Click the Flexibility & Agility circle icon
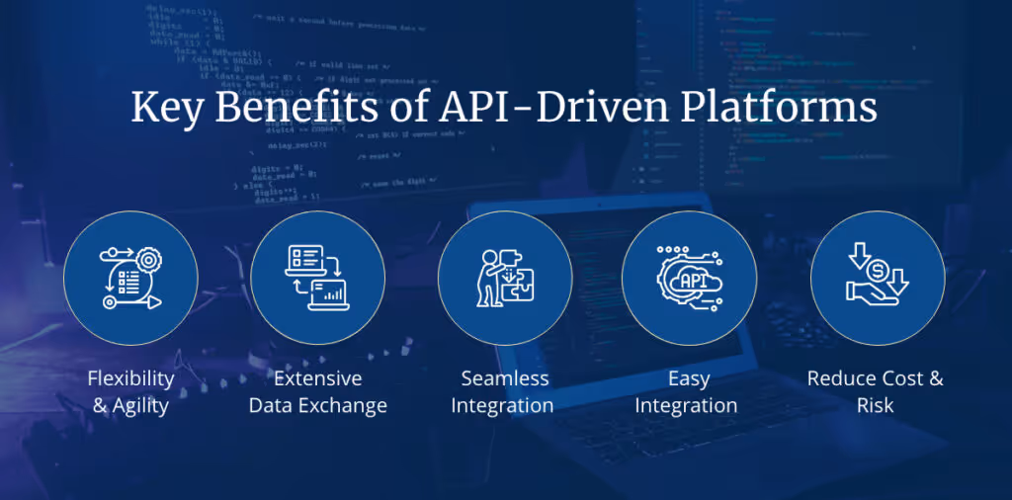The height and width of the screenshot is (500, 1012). pos(130,278)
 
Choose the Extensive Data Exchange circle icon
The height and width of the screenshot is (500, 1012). pos(317,278)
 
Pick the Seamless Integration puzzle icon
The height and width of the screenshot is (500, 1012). pos(504,278)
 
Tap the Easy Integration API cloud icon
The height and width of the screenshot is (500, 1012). pos(689,278)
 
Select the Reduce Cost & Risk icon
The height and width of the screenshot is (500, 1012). pos(877,278)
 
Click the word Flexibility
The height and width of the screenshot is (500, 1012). pos(130,378)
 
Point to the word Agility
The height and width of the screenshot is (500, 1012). pos(140,405)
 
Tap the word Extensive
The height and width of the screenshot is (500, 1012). pos(317,378)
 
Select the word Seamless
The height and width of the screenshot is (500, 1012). pos(504,378)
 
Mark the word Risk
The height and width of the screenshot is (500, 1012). pos(876,405)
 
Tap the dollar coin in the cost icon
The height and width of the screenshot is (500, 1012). pos(877,269)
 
